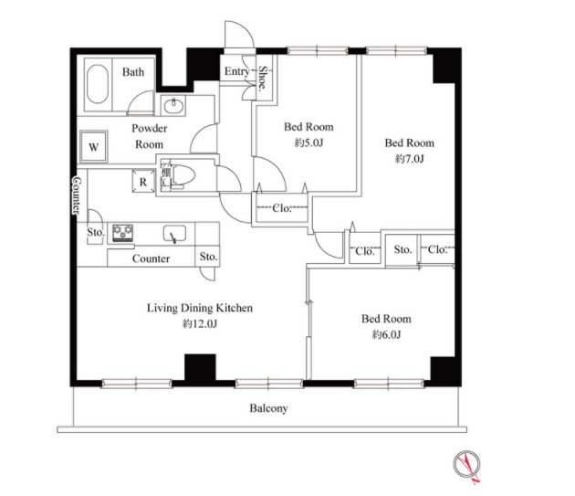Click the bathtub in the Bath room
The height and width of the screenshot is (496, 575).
click(x=98, y=84)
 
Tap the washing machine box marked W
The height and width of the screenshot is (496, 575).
click(x=93, y=146)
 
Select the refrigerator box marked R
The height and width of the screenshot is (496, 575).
click(x=143, y=181)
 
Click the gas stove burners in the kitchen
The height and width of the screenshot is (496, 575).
click(x=123, y=233)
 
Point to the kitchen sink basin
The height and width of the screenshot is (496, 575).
click(x=174, y=234)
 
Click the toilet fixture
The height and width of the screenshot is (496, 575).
click(x=182, y=175)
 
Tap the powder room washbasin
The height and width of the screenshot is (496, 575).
click(x=172, y=106)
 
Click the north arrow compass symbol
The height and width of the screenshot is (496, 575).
click(x=466, y=465)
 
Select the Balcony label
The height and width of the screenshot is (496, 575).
click(x=268, y=408)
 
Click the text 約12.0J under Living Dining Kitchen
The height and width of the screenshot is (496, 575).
click(x=200, y=323)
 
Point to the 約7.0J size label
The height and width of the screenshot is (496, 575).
click(x=409, y=159)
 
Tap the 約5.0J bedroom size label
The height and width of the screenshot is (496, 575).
click(x=308, y=142)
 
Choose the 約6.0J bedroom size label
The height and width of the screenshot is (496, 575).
click(x=386, y=334)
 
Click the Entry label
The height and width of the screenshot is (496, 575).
click(x=237, y=71)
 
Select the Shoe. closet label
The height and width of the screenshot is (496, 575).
click(x=263, y=78)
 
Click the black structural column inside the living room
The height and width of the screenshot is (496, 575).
click(x=200, y=367)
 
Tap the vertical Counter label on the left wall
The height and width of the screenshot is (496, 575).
click(x=77, y=195)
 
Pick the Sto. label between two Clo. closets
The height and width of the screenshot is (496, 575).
click(x=402, y=249)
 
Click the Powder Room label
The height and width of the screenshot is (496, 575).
click(x=150, y=136)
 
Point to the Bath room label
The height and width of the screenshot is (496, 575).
click(x=133, y=71)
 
